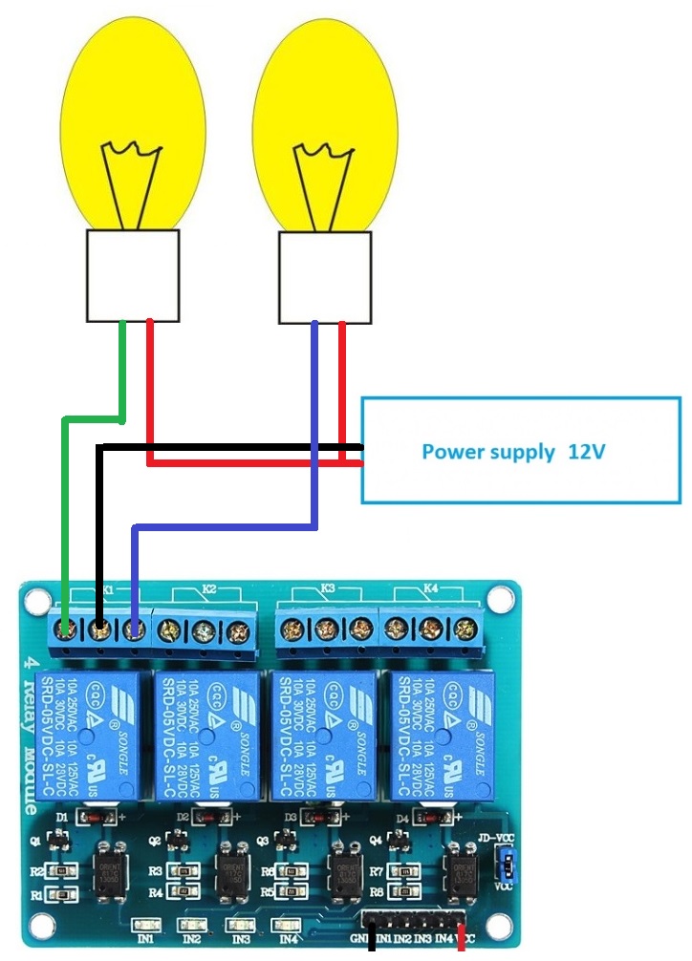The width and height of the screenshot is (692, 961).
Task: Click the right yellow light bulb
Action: (325, 115)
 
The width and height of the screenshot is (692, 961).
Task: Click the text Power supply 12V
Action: (513, 451)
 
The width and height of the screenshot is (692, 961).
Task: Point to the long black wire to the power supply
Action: (229, 446)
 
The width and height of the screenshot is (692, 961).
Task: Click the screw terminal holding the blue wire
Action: (134, 629)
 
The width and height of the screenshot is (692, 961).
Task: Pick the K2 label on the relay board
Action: (209, 590)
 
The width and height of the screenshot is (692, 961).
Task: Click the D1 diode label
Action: (63, 819)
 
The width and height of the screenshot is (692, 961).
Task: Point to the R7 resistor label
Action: (377, 872)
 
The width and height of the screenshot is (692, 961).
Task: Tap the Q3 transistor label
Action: (265, 841)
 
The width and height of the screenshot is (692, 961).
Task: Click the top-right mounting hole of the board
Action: (498, 599)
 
